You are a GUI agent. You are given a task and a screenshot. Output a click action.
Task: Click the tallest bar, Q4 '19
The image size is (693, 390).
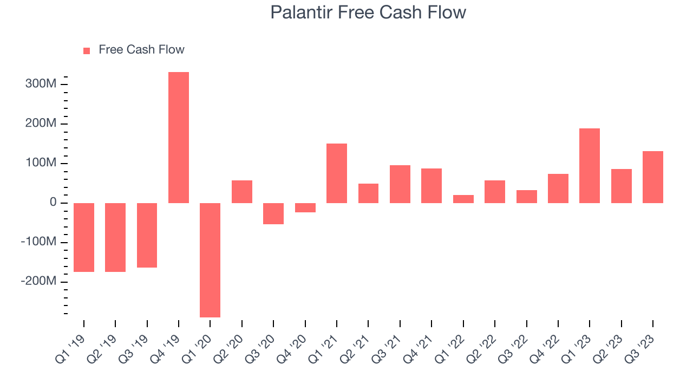[x=179, y=138]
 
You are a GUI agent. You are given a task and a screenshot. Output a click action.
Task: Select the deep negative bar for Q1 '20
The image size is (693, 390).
[x=210, y=260]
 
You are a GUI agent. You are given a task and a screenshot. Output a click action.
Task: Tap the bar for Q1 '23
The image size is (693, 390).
[x=590, y=166]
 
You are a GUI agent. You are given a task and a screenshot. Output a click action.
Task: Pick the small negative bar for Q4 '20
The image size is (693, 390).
[x=305, y=207]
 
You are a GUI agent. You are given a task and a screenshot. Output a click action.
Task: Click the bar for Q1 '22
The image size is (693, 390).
[x=463, y=199]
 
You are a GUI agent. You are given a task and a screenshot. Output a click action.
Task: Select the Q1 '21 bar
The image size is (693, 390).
[x=337, y=173]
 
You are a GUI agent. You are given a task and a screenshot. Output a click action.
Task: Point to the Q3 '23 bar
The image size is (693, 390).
[x=653, y=177]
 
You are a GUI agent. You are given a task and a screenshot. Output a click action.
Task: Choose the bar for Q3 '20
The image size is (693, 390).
[x=273, y=213]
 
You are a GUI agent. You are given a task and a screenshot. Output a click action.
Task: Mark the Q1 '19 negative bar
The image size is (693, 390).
[x=84, y=237]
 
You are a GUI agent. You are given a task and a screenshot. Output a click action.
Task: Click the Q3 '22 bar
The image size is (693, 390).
[x=527, y=197]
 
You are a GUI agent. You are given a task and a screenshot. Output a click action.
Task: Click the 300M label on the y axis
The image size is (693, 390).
[x=41, y=83]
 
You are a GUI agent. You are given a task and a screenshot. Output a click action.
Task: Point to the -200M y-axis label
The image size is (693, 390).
[x=38, y=281]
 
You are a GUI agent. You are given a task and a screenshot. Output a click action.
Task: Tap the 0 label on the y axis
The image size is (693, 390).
[x=53, y=202]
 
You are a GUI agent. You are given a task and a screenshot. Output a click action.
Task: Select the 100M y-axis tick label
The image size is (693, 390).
[x=41, y=162]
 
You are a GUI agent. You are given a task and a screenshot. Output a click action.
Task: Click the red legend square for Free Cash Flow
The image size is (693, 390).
[x=87, y=51]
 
